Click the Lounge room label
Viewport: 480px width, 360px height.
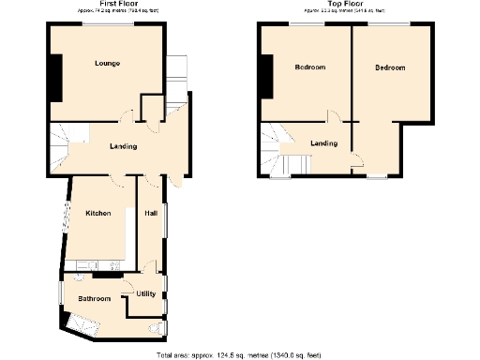click(106, 64)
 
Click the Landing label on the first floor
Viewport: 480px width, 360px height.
click(122, 146)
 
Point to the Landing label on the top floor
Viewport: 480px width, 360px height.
click(323, 142)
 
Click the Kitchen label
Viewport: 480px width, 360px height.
click(98, 214)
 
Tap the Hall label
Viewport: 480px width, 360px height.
click(150, 214)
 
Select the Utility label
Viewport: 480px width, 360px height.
click(145, 293)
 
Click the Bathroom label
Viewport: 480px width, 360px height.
click(94, 299)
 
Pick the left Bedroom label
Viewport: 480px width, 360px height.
click(309, 67)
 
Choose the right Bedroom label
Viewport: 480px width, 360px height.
click(389, 67)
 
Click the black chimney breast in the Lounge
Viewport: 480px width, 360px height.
click(56, 77)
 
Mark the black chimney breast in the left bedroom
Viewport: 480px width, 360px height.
click(269, 76)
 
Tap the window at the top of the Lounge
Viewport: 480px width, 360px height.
click(106, 24)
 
